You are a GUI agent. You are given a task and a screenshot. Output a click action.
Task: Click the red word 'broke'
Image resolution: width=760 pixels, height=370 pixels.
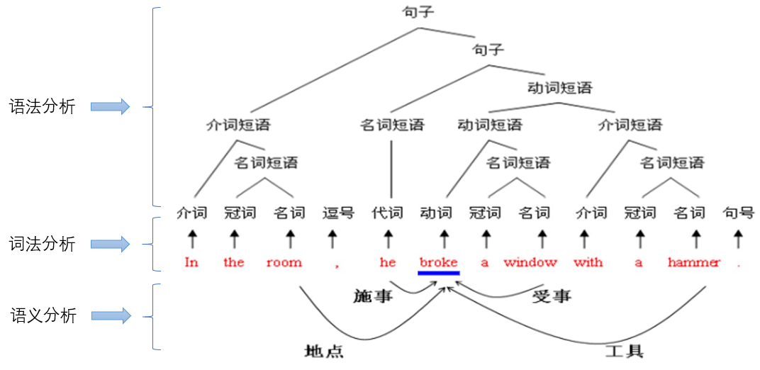pos(438,262)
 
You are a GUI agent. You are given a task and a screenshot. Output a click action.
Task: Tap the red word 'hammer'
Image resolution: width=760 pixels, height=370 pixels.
pos(693,262)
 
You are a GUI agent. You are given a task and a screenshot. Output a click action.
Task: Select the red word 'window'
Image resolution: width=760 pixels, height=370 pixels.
pos(530,262)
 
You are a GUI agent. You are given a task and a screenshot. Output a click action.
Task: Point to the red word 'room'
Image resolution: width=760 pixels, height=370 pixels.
pos(284,262)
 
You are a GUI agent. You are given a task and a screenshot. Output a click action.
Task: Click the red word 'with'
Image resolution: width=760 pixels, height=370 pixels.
pos(588,262)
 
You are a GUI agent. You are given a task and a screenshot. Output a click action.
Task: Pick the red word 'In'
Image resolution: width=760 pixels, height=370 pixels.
pos(191,262)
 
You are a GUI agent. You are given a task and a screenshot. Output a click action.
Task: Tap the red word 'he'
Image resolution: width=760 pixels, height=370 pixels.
pos(388,262)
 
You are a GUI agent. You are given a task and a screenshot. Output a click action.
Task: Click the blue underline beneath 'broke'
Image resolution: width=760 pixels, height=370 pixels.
pos(439,273)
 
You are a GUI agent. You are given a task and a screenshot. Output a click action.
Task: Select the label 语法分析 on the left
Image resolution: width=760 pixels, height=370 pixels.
pos(42,107)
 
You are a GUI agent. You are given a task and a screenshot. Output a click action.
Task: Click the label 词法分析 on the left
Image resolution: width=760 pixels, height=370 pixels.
pos(42,244)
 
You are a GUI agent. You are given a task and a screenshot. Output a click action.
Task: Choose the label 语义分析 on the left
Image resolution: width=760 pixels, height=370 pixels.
pos(43,316)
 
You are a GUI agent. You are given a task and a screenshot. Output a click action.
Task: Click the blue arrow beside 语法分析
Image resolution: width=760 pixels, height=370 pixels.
pos(109,107)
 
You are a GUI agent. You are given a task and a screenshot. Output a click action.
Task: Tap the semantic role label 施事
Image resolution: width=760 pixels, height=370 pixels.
pos(373,296)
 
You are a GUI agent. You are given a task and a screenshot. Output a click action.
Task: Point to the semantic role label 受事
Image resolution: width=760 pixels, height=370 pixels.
pos(552,296)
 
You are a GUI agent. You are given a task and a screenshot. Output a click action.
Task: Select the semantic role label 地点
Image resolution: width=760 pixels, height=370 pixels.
pos(323,351)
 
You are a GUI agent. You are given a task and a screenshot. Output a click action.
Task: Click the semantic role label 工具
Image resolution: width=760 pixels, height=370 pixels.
pos(624,351)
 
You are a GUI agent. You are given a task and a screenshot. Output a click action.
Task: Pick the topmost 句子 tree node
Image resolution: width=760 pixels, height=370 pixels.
pos(418,12)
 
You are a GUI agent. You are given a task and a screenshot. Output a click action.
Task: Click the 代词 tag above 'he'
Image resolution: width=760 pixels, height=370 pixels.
pos(388,212)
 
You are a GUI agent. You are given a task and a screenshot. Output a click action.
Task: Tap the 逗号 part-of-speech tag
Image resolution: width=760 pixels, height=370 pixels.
pos(338,212)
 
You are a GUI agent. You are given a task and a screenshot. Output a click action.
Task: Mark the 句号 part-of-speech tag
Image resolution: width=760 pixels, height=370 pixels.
pos(738,212)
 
